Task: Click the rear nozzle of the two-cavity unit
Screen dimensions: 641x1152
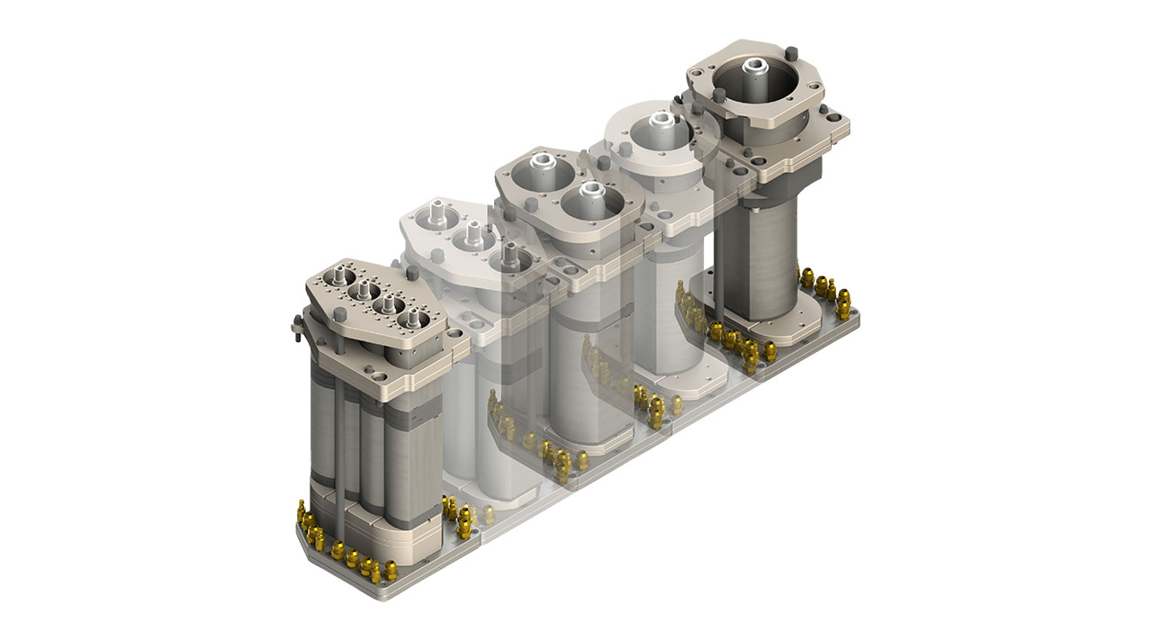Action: coord(543,164)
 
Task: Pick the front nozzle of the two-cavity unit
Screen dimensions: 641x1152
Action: coord(589,190)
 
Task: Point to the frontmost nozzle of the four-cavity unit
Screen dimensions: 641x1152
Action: coord(415,316)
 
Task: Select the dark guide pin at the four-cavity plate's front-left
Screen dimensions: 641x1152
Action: coord(339,314)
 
